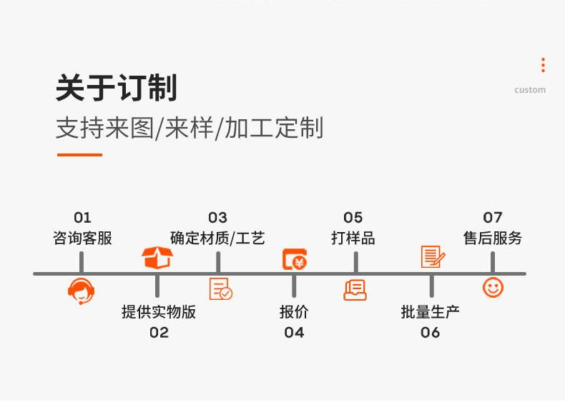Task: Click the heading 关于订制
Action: point(117,87)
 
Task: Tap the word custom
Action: point(530,90)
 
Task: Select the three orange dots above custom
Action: point(543,65)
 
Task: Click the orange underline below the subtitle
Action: point(79,155)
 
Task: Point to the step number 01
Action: point(82,217)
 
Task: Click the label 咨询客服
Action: point(82,238)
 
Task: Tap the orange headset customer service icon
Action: point(82,291)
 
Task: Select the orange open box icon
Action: point(157,257)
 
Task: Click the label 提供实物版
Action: point(159,311)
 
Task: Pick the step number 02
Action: point(159,333)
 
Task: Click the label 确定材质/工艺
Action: point(217,238)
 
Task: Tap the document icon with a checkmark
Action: point(220,288)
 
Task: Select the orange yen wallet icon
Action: point(295,259)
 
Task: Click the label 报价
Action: point(294,311)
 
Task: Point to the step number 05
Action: point(353,217)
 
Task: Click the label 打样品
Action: point(353,238)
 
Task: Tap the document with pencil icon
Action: point(433,256)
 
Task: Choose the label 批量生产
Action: point(430,311)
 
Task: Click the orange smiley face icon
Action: point(493,288)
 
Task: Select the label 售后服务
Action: point(493,238)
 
